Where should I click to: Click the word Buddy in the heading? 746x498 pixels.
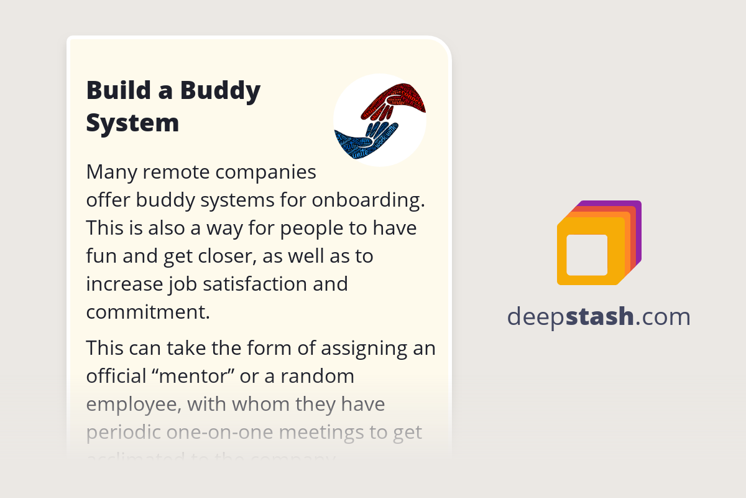pyautogui.click(x=221, y=91)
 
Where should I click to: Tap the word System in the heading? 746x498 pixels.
pyautogui.click(x=132, y=123)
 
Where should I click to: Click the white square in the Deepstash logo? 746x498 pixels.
pyautogui.click(x=587, y=255)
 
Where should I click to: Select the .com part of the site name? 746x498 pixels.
pyautogui.click(x=663, y=317)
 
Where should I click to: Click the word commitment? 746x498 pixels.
pyautogui.click(x=147, y=312)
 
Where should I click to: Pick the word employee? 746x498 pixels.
pyautogui.click(x=132, y=405)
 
